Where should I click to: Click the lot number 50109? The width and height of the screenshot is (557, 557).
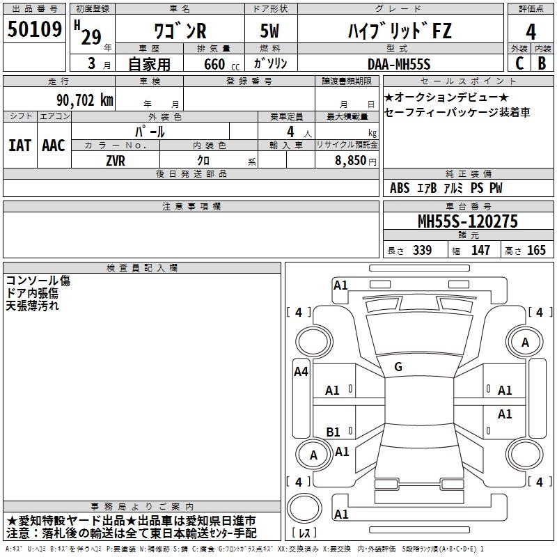[x=35, y=29]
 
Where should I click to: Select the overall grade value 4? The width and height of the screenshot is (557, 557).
[x=531, y=32]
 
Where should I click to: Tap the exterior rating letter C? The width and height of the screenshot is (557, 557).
[x=519, y=63]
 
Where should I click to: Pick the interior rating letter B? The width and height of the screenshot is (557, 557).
[x=542, y=63]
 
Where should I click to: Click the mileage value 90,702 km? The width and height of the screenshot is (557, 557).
[x=85, y=100]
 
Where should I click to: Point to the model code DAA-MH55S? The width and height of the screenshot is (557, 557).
[x=399, y=64]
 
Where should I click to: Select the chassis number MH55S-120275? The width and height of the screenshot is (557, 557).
[x=468, y=221]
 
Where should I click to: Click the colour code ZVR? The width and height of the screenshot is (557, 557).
[x=116, y=161]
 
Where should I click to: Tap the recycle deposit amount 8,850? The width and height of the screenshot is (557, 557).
[x=350, y=161]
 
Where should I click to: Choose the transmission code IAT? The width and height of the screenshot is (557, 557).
[x=19, y=146]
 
